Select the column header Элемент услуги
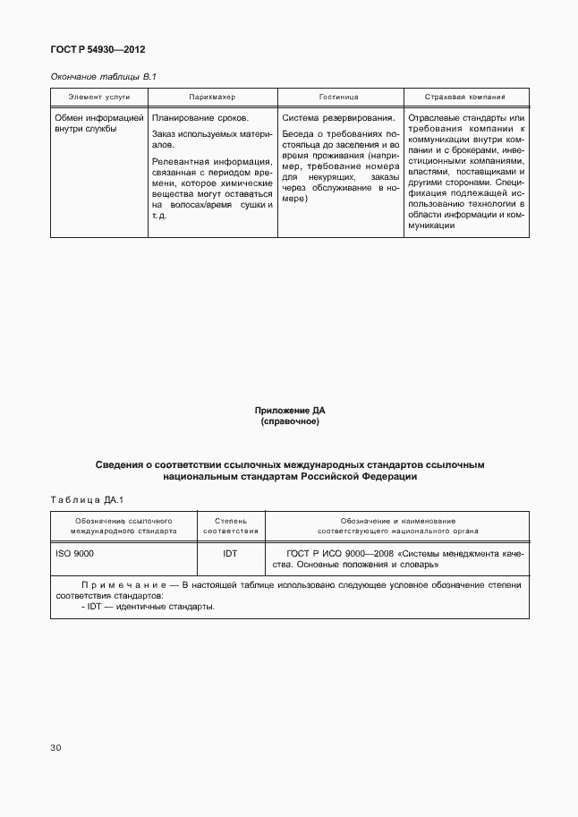(98, 97)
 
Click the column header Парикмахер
(212, 97)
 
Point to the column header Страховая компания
(466, 97)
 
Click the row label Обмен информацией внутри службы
(98, 123)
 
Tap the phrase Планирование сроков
(200, 117)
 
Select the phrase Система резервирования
(338, 117)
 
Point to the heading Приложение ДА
(289, 410)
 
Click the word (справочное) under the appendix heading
(289, 421)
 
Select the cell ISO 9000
(74, 554)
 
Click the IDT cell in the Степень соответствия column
(230, 554)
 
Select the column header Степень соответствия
(230, 525)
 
